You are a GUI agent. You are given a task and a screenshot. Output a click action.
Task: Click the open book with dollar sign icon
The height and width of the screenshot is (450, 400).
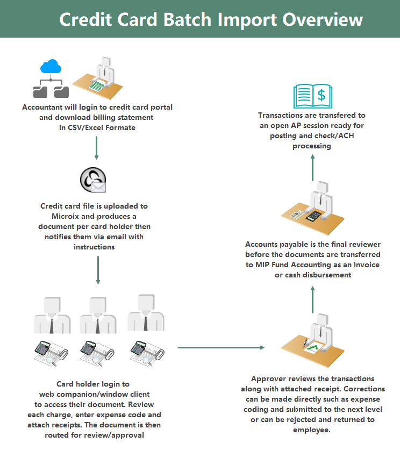click(x=312, y=96)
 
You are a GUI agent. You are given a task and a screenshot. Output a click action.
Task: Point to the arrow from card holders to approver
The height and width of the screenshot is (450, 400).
click(x=220, y=347)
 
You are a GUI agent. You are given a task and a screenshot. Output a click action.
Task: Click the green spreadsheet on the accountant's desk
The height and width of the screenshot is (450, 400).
click(x=97, y=85)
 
